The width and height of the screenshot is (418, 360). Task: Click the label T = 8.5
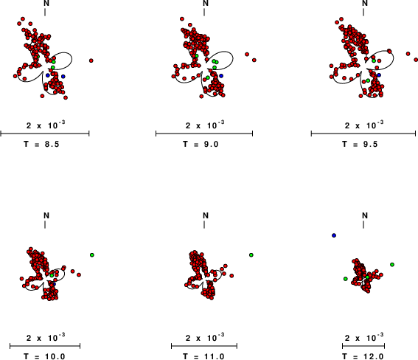point(41,145)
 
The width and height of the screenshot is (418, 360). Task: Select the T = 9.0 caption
point(201,145)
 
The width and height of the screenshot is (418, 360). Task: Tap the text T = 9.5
point(360,145)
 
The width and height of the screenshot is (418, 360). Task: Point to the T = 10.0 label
point(44,356)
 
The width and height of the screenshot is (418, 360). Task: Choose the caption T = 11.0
point(203,356)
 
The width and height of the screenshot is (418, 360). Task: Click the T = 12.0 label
point(363,356)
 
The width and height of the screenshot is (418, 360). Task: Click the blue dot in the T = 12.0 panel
point(334,235)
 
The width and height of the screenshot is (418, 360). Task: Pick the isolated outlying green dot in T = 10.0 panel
point(92,255)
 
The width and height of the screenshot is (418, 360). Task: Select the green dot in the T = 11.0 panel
point(251,255)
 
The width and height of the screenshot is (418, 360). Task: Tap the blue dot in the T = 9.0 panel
point(221,76)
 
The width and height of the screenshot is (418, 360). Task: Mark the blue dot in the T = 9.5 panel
point(379,75)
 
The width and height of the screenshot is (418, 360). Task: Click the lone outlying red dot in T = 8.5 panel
point(91,60)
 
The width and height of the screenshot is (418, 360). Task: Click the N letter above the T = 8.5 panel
point(46,3)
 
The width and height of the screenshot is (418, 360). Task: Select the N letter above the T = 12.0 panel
point(365,215)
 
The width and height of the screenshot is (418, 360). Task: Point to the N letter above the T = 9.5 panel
point(365,3)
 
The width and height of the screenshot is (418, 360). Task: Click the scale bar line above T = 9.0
point(204,134)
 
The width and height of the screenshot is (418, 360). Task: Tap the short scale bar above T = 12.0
point(363,346)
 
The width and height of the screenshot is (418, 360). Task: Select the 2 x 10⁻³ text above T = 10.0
point(46,337)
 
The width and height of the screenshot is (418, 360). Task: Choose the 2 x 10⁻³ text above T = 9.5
point(364,125)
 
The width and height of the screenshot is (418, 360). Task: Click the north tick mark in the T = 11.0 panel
point(204,225)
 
